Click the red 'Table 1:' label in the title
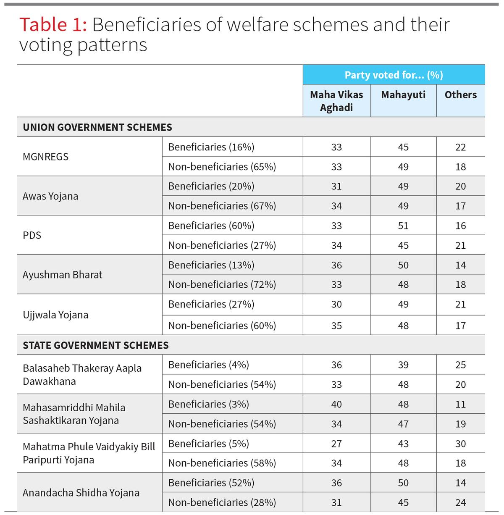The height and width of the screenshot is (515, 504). (x=53, y=25)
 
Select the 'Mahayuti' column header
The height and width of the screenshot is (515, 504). (x=403, y=95)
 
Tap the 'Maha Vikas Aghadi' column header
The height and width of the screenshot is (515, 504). (x=336, y=101)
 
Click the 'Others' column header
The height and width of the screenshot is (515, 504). (x=460, y=95)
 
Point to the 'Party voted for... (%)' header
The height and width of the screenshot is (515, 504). (x=394, y=75)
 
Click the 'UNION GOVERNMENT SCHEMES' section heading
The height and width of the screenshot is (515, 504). (x=97, y=127)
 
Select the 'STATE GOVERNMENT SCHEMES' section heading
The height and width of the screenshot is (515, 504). (x=96, y=345)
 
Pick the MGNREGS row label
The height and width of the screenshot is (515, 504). (x=45, y=157)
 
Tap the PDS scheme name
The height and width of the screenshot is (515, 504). (x=32, y=235)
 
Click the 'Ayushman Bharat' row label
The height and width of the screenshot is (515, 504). (x=63, y=275)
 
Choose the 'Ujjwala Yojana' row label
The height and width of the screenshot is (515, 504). (x=55, y=315)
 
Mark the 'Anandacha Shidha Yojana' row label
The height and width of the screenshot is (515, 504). (x=81, y=493)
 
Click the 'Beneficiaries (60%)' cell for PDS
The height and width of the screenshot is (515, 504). (x=211, y=226)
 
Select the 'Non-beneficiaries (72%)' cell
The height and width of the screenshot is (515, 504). (x=222, y=284)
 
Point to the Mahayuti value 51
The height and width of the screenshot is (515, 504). (x=403, y=226)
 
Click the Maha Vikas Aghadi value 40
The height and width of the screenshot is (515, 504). (x=336, y=404)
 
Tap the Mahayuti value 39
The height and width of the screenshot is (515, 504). (x=403, y=365)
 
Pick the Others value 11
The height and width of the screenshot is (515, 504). (x=460, y=404)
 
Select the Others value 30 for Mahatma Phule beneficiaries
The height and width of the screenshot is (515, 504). (x=460, y=444)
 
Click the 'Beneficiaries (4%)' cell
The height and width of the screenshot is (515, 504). (x=208, y=365)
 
